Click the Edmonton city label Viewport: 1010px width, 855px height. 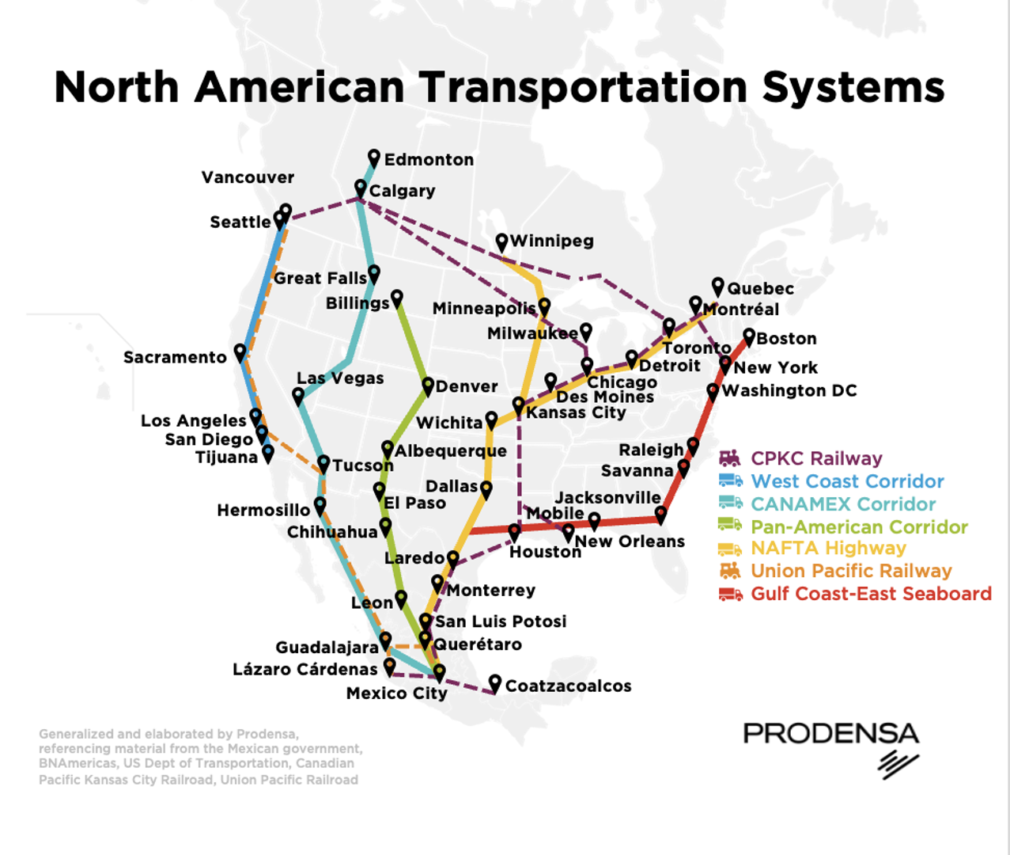pyautogui.click(x=429, y=160)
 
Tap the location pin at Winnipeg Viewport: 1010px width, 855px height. pyautogui.click(x=501, y=241)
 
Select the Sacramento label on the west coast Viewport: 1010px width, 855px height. pyautogui.click(x=175, y=358)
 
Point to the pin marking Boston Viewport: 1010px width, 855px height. pyautogui.click(x=749, y=337)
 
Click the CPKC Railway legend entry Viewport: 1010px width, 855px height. pyautogui.click(x=816, y=458)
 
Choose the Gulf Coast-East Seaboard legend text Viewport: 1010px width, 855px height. pyautogui.click(x=871, y=594)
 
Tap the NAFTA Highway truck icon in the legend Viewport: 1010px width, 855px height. pyautogui.click(x=730, y=549)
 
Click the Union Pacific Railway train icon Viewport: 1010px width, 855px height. pyautogui.click(x=730, y=571)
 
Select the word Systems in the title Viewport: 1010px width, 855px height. pyautogui.click(x=853, y=87)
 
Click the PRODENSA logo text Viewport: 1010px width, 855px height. pyautogui.click(x=830, y=734)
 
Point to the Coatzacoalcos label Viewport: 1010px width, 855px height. pyautogui.click(x=568, y=686)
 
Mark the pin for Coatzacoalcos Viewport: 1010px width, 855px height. pyautogui.click(x=495, y=682)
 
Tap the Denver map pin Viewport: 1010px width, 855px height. pyautogui.click(x=428, y=385)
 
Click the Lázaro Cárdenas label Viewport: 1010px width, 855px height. pyautogui.click(x=305, y=670)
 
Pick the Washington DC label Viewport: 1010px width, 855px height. pyautogui.click(x=789, y=391)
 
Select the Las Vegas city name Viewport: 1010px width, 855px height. pyautogui.click(x=340, y=378)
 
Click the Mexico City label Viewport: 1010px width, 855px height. pyautogui.click(x=396, y=693)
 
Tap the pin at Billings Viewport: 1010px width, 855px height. pyautogui.click(x=397, y=298)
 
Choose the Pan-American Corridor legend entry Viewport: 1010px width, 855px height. pyautogui.click(x=859, y=526)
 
